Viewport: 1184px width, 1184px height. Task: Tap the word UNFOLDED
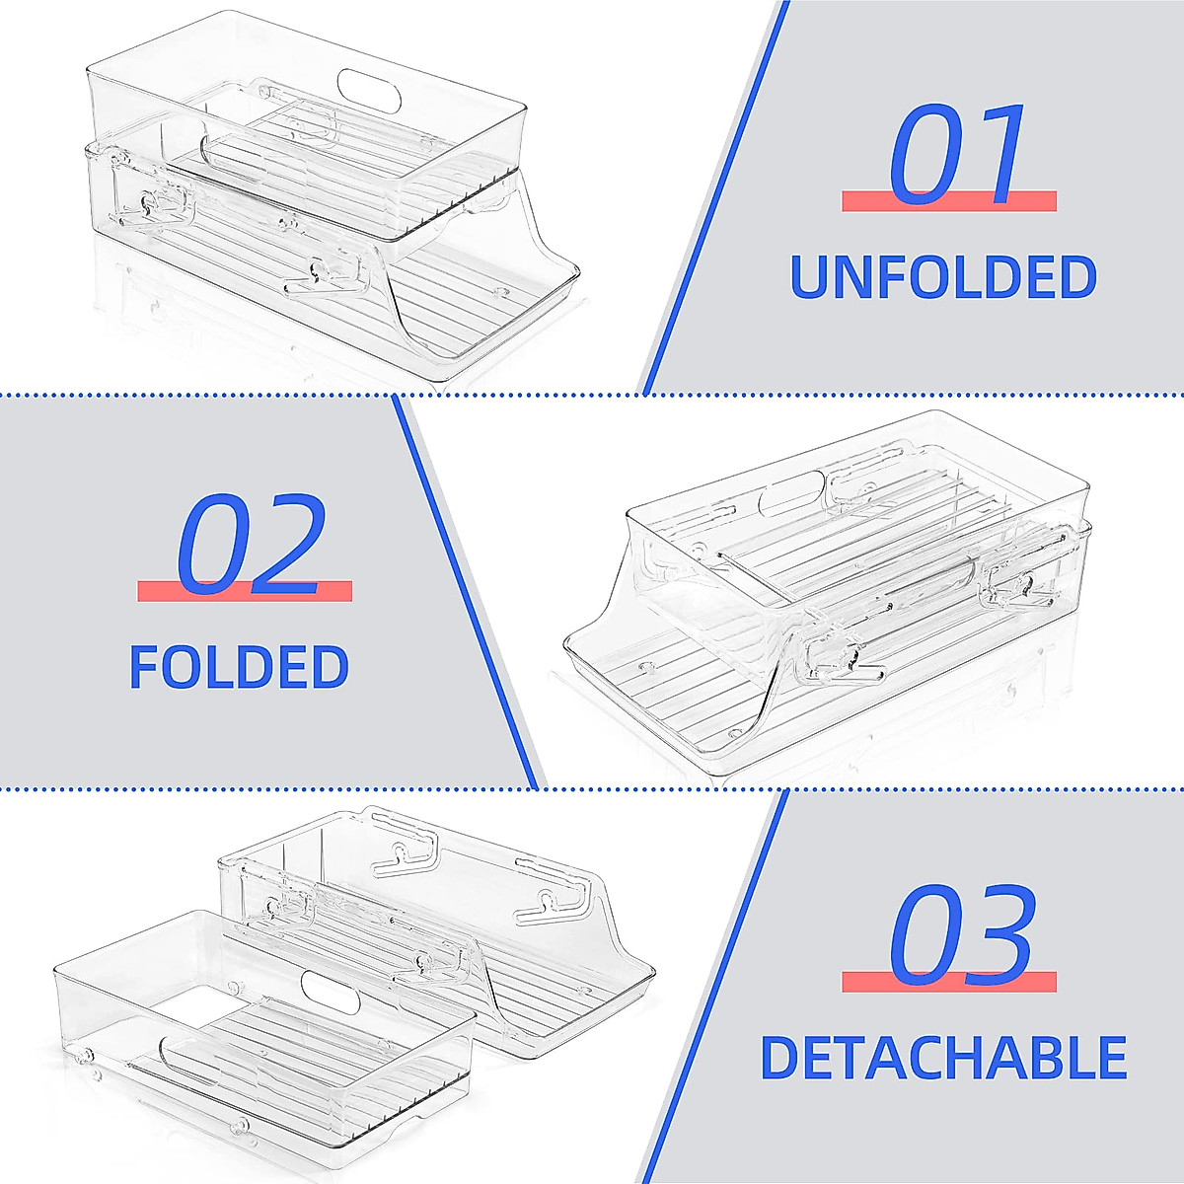click(944, 277)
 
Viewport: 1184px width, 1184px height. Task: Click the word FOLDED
click(239, 667)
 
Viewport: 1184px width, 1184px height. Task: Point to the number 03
click(962, 934)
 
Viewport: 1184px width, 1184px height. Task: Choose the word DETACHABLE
click(943, 1057)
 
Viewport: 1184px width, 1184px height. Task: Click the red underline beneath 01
click(948, 201)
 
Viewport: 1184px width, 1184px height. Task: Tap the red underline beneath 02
click(244, 591)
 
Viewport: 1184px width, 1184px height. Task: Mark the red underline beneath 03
click(948, 982)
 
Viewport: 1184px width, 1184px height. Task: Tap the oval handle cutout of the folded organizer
click(791, 490)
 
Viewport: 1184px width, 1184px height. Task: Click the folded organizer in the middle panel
click(829, 602)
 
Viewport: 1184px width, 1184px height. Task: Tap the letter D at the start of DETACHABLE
click(781, 1057)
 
